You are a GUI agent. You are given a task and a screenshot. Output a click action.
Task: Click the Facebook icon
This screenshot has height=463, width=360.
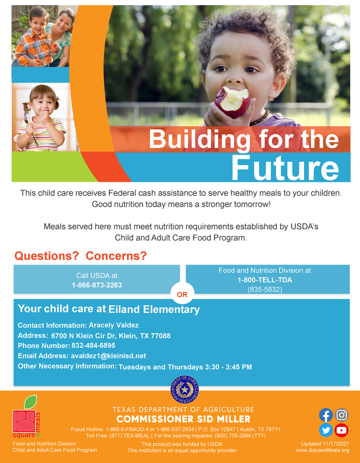(x=326, y=415)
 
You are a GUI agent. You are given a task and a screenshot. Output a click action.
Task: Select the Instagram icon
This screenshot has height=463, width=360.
(x=341, y=415)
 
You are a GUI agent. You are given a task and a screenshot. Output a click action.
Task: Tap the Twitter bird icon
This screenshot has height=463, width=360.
(x=326, y=430)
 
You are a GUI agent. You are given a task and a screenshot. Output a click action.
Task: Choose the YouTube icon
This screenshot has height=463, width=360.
(x=341, y=430)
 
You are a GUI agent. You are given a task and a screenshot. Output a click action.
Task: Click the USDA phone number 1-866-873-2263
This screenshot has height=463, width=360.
(x=97, y=285)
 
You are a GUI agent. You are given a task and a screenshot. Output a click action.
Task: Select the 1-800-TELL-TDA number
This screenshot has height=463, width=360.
(x=265, y=280)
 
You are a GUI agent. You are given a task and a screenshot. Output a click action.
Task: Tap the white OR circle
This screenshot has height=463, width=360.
(x=182, y=294)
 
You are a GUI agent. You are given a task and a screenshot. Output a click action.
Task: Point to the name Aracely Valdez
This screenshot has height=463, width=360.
(x=114, y=325)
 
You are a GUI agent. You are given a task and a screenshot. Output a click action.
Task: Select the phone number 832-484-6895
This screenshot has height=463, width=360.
(x=94, y=345)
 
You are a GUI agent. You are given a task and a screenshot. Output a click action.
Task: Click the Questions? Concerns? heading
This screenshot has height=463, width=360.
(x=81, y=256)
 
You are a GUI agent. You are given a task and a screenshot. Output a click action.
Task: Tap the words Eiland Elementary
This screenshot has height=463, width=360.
(x=154, y=310)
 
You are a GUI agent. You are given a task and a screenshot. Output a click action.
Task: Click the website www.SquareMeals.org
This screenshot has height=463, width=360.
(x=323, y=450)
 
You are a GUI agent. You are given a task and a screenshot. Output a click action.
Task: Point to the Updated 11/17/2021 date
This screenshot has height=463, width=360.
(x=325, y=444)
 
